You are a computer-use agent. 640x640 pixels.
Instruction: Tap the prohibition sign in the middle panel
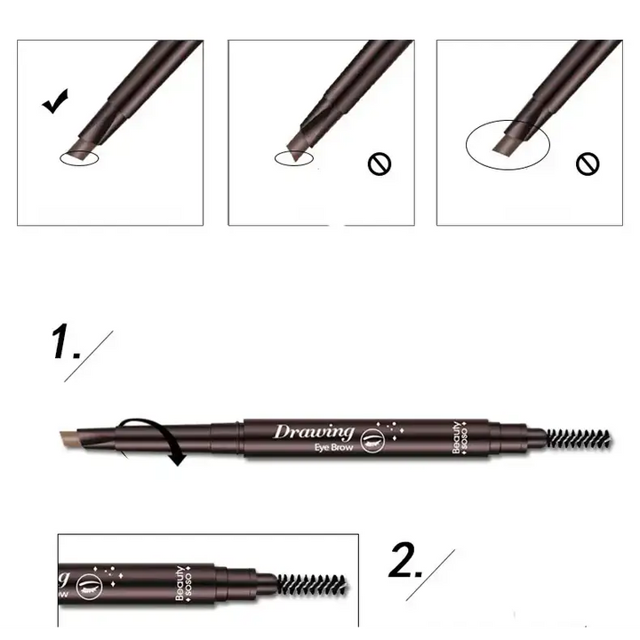tap(380, 164)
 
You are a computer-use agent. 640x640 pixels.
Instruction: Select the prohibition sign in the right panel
tap(588, 164)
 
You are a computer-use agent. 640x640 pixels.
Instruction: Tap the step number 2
tap(405, 561)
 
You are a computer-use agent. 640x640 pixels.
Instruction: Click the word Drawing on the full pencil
tap(314, 432)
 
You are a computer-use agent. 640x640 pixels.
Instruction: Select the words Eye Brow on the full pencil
tap(333, 447)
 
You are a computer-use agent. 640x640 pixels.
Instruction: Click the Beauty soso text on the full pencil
tap(460, 437)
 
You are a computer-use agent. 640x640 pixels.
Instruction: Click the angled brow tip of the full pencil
tap(69, 438)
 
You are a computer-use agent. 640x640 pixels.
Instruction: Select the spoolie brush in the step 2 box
tap(312, 584)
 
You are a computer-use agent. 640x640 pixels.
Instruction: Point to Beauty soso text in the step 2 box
tap(183, 583)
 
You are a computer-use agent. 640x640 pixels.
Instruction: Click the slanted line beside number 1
tap(89, 356)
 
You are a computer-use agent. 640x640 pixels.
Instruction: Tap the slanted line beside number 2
tap(430, 575)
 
